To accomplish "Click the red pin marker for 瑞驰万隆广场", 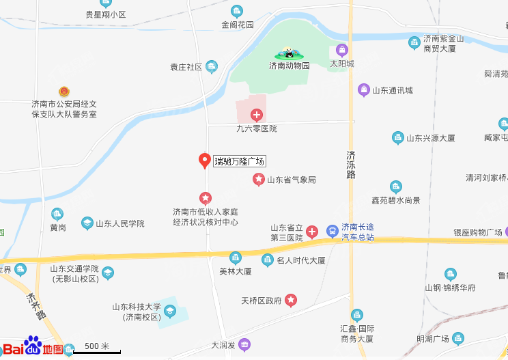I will (x=203, y=161).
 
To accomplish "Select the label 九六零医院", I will (x=256, y=128).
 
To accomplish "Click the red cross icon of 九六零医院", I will (x=257, y=115).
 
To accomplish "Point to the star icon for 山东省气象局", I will (x=259, y=180).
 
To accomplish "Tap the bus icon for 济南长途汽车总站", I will (x=332, y=231).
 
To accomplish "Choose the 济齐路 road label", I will (x=36, y=307).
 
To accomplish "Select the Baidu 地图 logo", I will (x=34, y=347).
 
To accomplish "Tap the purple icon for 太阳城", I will (x=342, y=50).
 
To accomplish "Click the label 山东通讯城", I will (x=392, y=90).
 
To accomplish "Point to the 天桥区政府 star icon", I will (x=292, y=300).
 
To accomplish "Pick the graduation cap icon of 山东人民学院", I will (x=87, y=223).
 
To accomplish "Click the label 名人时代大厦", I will (x=301, y=260).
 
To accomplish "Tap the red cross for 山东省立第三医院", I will (x=311, y=232).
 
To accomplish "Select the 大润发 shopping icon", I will (x=244, y=345).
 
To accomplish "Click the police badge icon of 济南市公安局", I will (x=64, y=91).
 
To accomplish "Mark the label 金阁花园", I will (x=238, y=25).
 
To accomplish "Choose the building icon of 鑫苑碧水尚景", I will (x=395, y=187).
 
